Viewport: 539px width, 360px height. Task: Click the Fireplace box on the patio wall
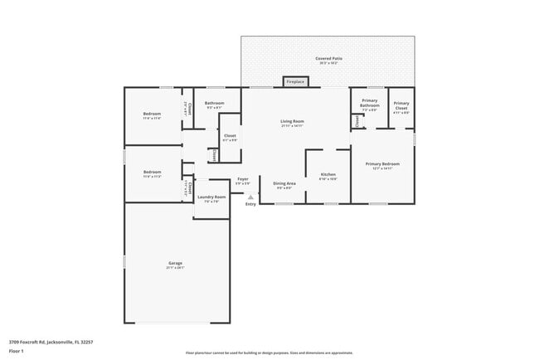pyautogui.click(x=294, y=82)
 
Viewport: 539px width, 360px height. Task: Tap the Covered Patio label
pyautogui.click(x=328, y=59)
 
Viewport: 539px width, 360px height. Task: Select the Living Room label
pyautogui.click(x=292, y=121)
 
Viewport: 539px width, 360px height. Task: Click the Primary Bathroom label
pyautogui.click(x=369, y=103)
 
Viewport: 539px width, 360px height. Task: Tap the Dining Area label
pyautogui.click(x=284, y=182)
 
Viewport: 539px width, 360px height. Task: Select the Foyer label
pyautogui.click(x=243, y=178)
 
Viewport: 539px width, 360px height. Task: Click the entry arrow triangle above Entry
pyautogui.click(x=250, y=197)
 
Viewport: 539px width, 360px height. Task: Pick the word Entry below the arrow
pyautogui.click(x=250, y=204)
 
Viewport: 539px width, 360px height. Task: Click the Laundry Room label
pyautogui.click(x=211, y=197)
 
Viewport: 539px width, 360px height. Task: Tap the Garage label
pyautogui.click(x=175, y=263)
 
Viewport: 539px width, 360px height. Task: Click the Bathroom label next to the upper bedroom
pyautogui.click(x=214, y=103)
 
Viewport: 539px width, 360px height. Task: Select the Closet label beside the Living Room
pyautogui.click(x=230, y=135)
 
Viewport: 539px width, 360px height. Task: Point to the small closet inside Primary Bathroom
pyautogui.click(x=357, y=121)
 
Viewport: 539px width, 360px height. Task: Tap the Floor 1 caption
pyautogui.click(x=17, y=352)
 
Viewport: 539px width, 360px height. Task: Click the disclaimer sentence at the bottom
pyautogui.click(x=269, y=353)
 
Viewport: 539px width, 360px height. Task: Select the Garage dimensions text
pyautogui.click(x=175, y=268)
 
